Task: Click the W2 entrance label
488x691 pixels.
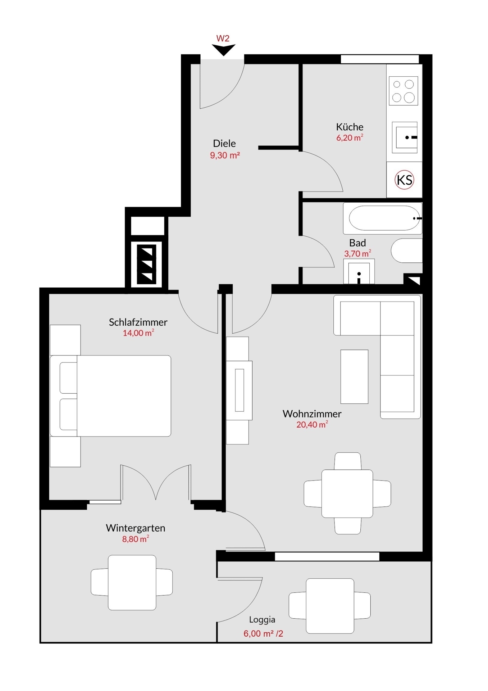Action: (x=223, y=39)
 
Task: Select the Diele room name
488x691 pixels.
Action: (x=224, y=143)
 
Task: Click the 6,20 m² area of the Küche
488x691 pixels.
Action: (x=350, y=137)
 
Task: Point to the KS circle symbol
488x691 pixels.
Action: (x=405, y=180)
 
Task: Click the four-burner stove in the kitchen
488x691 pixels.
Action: (x=403, y=91)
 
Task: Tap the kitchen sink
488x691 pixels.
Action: (x=405, y=137)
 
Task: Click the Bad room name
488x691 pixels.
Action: (x=357, y=243)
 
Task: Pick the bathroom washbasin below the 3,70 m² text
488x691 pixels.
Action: (x=359, y=271)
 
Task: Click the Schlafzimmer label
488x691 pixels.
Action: (x=138, y=322)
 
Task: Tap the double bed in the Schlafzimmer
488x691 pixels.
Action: (x=110, y=396)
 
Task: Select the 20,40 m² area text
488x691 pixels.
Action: (x=312, y=425)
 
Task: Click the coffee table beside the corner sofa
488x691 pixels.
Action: (x=354, y=376)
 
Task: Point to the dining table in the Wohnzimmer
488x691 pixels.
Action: (x=347, y=493)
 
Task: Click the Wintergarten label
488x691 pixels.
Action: (x=136, y=528)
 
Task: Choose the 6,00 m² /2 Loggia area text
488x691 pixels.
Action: (x=263, y=633)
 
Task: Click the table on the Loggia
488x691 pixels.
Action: (x=330, y=606)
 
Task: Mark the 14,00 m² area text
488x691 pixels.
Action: (x=138, y=333)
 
